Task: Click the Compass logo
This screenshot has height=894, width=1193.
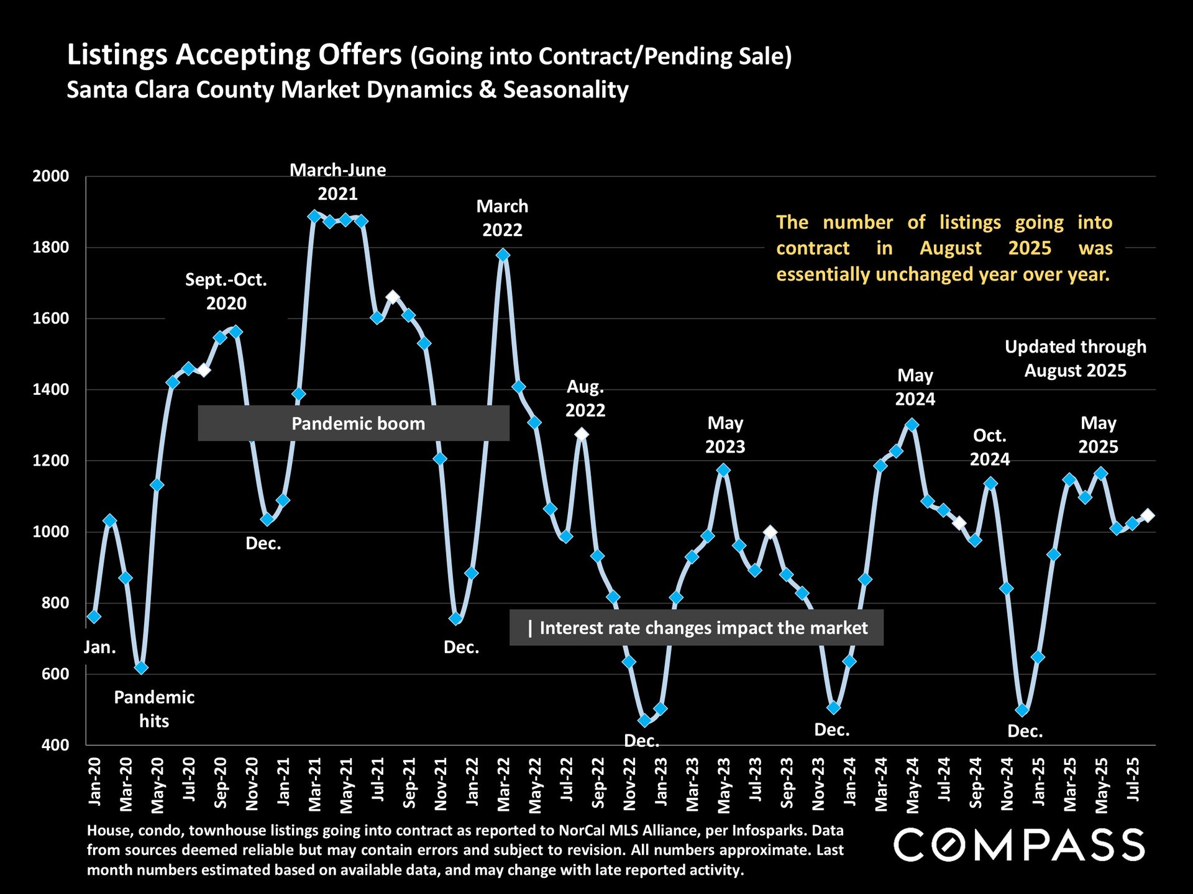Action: [x=1019, y=845]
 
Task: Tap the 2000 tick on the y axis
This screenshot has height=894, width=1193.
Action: [x=51, y=176]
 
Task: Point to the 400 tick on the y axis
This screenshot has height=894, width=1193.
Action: [x=55, y=745]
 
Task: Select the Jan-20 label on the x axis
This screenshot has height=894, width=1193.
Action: [x=95, y=782]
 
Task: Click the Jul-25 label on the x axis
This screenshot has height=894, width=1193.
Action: [x=1133, y=780]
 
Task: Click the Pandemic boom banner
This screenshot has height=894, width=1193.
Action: [x=354, y=423]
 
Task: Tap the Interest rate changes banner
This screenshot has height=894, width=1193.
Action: [x=697, y=628]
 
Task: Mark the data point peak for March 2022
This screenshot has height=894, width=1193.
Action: [x=503, y=255]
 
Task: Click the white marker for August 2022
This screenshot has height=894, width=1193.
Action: [x=582, y=434]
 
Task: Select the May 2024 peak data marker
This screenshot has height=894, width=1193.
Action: [x=912, y=425]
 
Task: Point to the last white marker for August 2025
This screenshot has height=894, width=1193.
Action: [x=1148, y=515]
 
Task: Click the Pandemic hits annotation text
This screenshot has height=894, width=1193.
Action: [x=154, y=709]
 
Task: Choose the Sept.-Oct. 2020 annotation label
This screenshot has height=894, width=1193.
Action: [x=226, y=291]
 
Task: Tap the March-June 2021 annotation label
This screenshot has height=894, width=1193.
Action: [x=337, y=182]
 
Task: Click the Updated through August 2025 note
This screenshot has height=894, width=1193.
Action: [x=1076, y=358]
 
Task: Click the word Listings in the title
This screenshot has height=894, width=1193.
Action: [x=117, y=55]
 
